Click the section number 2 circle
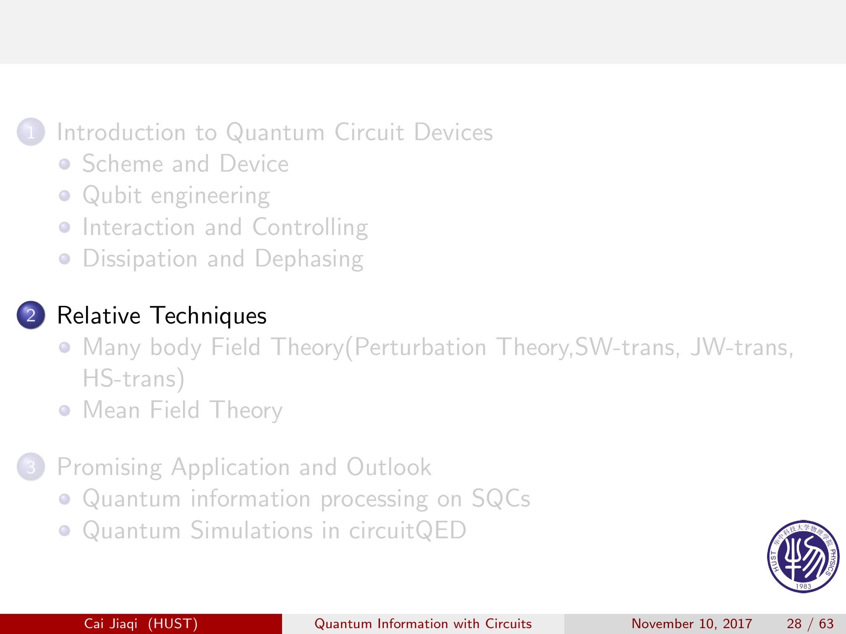coord(31,315)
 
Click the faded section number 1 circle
coord(31,132)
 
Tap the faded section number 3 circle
coord(31,467)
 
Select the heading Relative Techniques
coord(162,315)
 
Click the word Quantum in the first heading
coord(275,132)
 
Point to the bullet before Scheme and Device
coord(64,164)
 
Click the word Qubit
coord(112,195)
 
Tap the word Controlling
coord(310,227)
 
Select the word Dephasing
coord(309,258)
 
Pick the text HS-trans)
coord(134,378)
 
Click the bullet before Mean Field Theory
coord(64,410)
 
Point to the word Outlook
coord(389,467)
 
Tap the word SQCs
coord(501,498)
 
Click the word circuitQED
coord(408,530)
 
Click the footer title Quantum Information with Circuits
coord(423,624)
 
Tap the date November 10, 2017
coord(692,624)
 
